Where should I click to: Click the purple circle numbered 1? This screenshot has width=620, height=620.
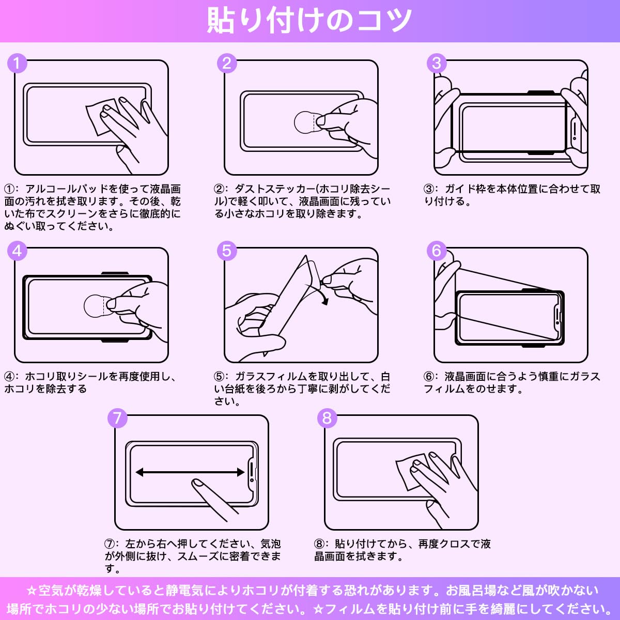tap(17, 64)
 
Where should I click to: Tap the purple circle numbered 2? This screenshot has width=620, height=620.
tap(227, 64)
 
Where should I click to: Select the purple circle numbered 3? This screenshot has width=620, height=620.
tap(437, 64)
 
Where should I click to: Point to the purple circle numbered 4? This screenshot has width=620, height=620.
tap(17, 251)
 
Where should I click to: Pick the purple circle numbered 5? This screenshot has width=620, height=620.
tap(227, 251)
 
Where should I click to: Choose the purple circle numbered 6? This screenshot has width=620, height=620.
tap(437, 251)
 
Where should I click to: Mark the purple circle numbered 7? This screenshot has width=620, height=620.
tap(117, 419)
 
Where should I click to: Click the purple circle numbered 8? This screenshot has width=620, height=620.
tap(327, 419)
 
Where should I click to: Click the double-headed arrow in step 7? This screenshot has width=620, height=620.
tap(190, 472)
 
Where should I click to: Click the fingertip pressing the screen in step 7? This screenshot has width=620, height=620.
tap(196, 483)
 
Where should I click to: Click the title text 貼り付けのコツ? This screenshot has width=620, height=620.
tap(309, 21)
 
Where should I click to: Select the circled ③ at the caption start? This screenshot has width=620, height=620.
tap(429, 189)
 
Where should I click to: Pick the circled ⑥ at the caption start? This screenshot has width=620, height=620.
tap(429, 377)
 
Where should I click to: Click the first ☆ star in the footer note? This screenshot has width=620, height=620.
tap(32, 591)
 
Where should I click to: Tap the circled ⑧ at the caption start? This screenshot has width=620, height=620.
tap(319, 544)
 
